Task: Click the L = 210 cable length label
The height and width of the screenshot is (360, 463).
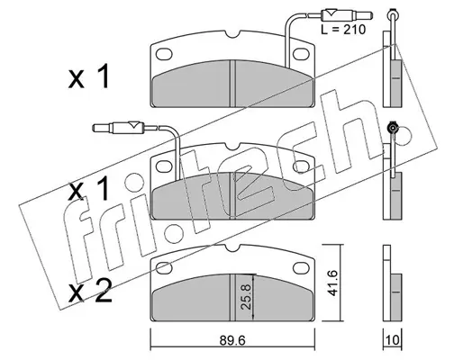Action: pos(343,30)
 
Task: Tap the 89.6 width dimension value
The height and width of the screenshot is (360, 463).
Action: pos(232,340)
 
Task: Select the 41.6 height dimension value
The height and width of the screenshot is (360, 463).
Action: pos(332,283)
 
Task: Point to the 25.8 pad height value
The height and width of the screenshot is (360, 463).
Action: pos(246,297)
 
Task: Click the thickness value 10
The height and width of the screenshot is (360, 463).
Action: pos(393,340)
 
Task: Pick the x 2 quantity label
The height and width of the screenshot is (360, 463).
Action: pos(90,291)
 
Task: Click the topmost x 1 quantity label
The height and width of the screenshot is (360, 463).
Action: pos(89,77)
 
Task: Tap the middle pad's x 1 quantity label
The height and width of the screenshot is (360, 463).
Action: pos(89,188)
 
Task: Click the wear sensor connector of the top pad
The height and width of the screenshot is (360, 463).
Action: pos(347,14)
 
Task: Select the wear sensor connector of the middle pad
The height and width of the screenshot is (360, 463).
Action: pos(119,128)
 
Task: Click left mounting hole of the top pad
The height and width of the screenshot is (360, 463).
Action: pos(164,54)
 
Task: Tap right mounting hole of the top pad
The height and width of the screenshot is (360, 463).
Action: pos(301,54)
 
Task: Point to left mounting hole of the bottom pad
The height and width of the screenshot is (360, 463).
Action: pos(164,267)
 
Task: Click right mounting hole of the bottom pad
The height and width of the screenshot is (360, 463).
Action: pos(301,267)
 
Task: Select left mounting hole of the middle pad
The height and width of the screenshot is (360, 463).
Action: pos(164,166)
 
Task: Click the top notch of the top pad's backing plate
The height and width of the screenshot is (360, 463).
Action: pos(232,34)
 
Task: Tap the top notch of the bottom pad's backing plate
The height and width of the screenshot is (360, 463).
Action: pos(232,247)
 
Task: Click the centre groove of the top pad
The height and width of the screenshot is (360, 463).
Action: pos(232,83)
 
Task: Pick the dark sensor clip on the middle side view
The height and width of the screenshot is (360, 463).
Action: pos(392,128)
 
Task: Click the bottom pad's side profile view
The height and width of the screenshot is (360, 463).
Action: pos(392,283)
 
